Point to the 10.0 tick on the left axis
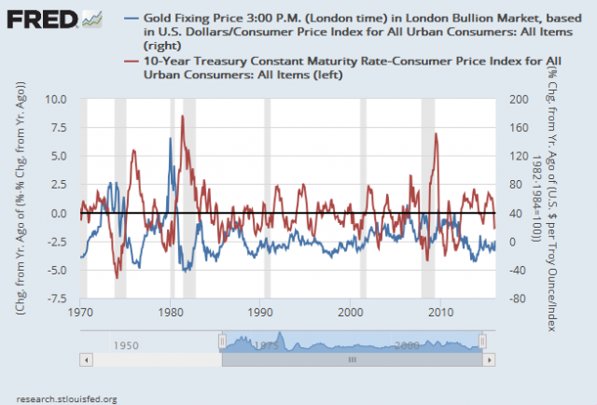tap(57, 98)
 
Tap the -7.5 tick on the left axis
tap(57, 300)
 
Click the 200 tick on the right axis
tap(512, 98)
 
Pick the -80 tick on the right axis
tap(512, 300)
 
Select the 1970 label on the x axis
tap(80, 311)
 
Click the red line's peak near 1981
tap(183, 116)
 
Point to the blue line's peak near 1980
tap(170, 138)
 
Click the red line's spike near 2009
tap(436, 133)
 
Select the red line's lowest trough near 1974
tap(118, 277)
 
